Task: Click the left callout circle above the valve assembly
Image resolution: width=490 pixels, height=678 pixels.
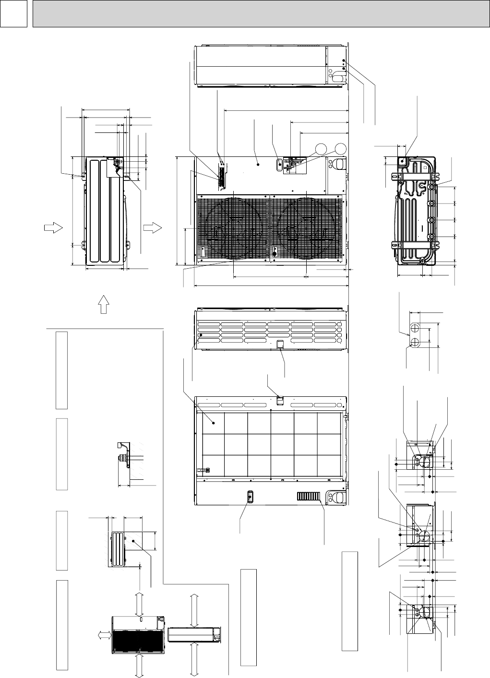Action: [x=322, y=148]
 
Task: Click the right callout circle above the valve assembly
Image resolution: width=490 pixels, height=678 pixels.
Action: [x=340, y=148]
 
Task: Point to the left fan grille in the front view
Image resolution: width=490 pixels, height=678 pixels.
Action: [x=233, y=229]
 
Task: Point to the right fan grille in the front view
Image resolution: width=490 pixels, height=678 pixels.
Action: [x=307, y=229]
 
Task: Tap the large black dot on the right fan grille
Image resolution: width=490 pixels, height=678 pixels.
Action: [x=275, y=253]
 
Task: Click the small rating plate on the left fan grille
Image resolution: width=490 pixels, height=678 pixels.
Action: [x=202, y=251]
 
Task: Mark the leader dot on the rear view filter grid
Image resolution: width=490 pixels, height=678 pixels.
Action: [x=214, y=423]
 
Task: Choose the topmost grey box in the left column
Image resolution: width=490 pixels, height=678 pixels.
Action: [x=61, y=369]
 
